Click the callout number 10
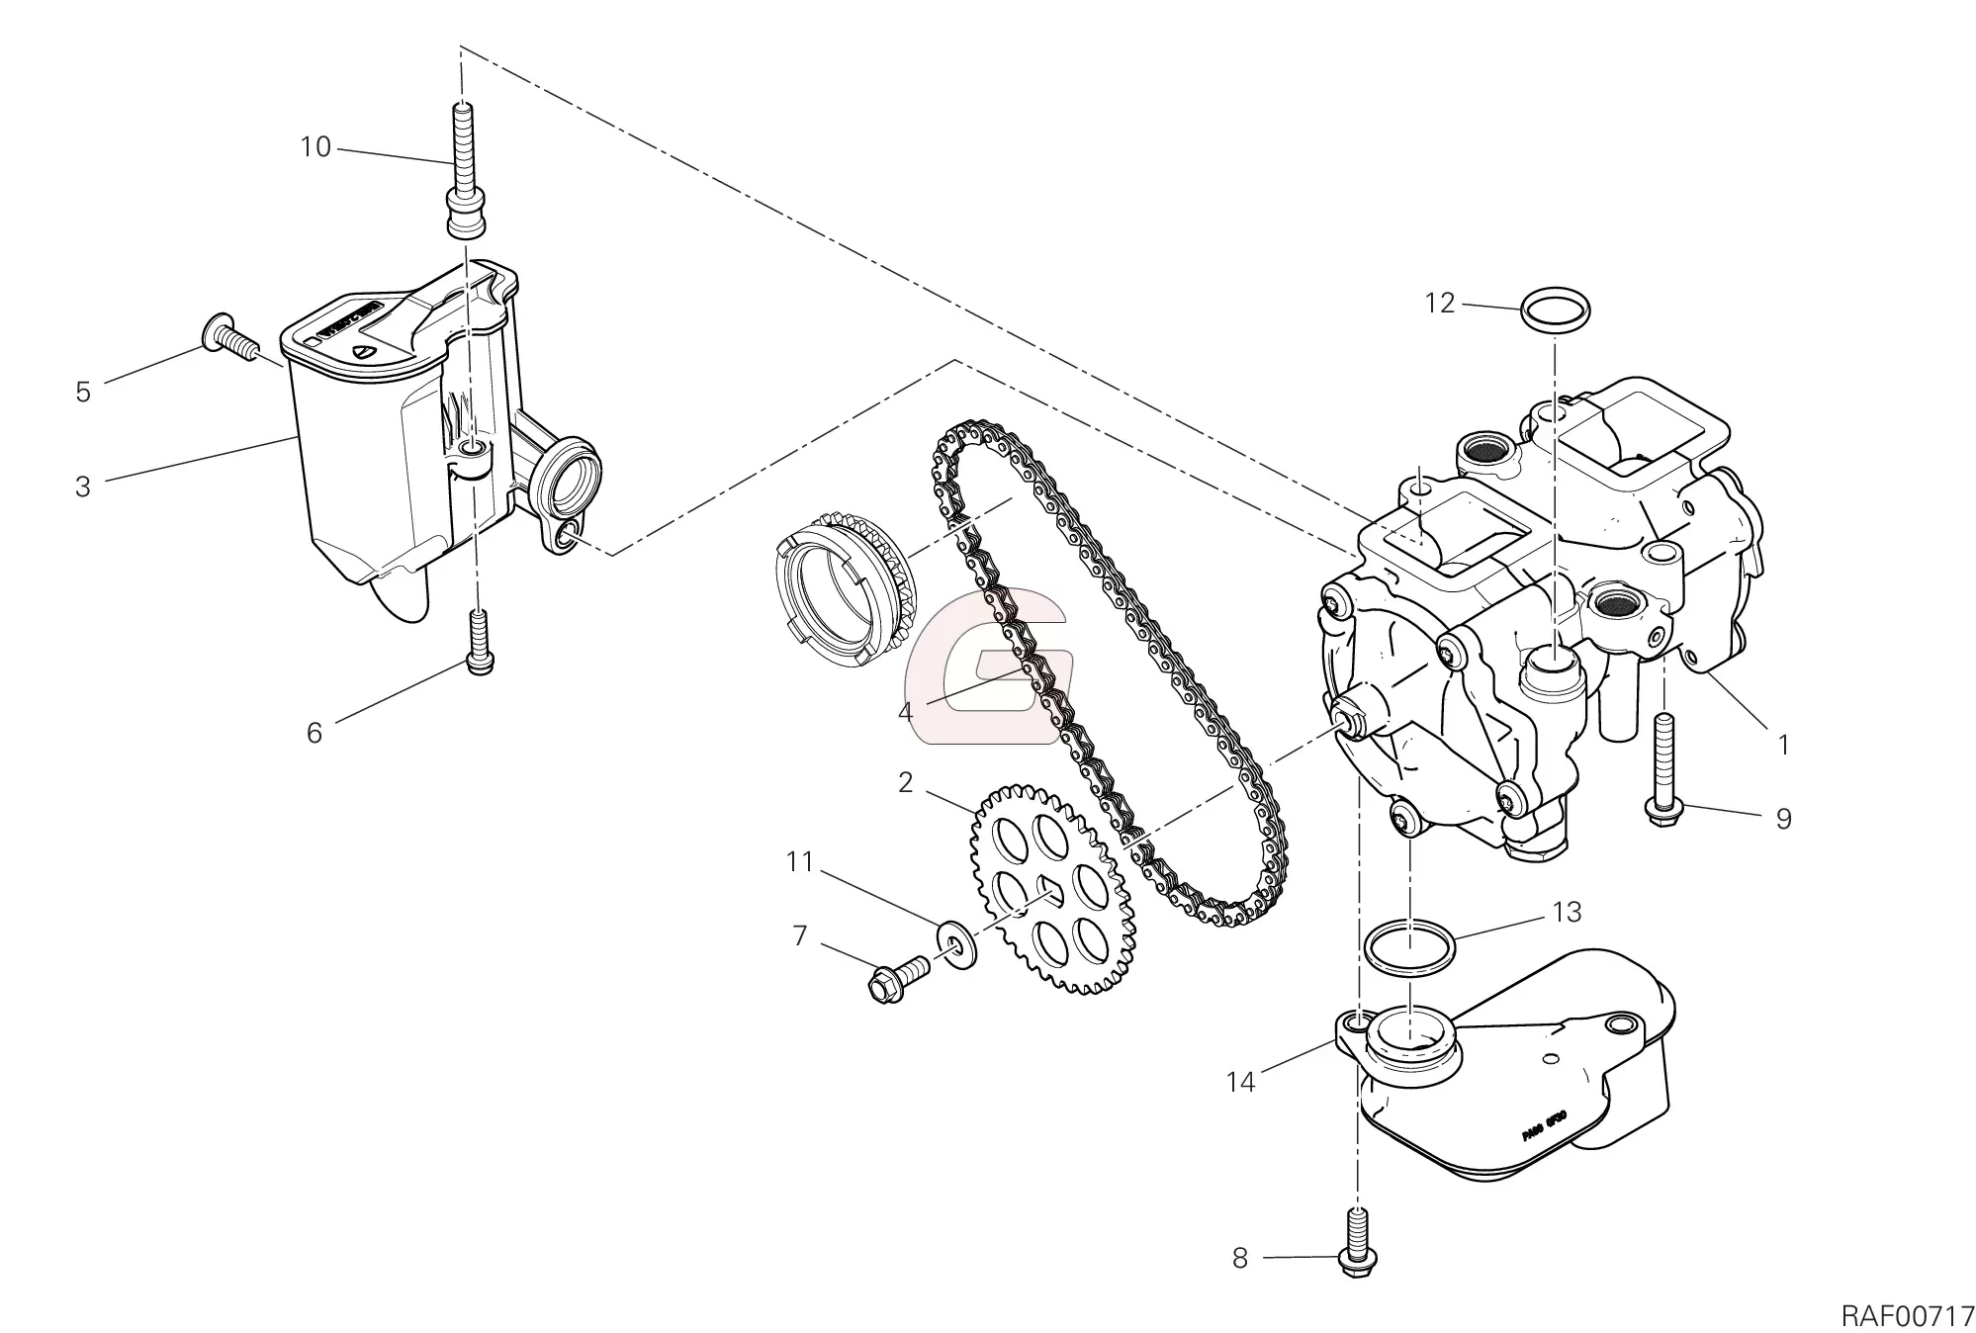[x=315, y=148]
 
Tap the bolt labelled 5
[x=228, y=337]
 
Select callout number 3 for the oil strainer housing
[x=83, y=487]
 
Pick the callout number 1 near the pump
[x=1783, y=745]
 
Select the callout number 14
[x=1240, y=1082]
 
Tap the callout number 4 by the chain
[x=906, y=711]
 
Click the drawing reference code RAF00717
[x=1907, y=1315]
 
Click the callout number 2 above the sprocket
[x=905, y=782]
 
